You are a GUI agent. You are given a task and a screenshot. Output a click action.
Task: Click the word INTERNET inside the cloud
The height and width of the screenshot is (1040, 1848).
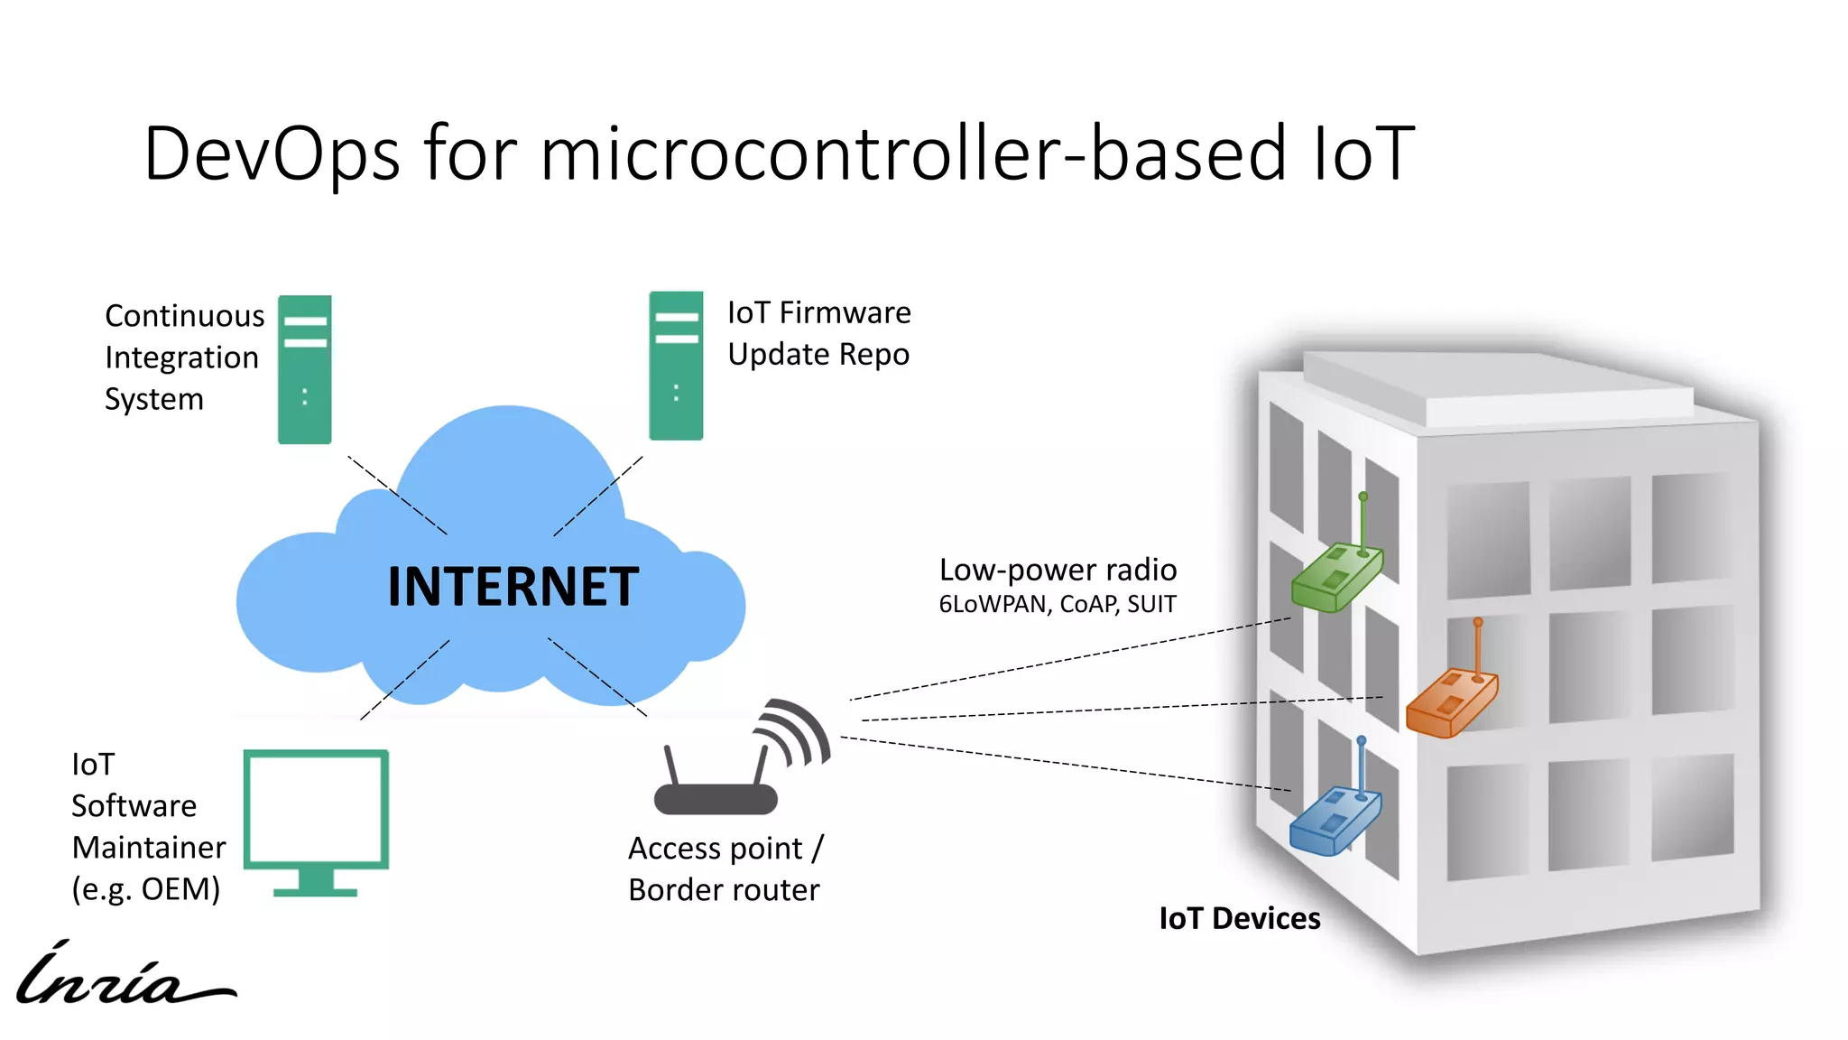click(x=513, y=587)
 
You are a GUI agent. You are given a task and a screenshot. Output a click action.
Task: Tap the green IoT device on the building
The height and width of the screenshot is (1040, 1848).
click(x=1335, y=578)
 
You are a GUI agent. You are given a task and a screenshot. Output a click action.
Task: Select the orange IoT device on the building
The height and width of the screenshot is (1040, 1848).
click(x=1450, y=702)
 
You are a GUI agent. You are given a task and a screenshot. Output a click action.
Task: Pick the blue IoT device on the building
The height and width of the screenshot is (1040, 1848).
click(x=1334, y=820)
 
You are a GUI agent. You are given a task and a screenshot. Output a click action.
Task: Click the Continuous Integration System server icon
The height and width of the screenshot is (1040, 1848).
click(x=304, y=369)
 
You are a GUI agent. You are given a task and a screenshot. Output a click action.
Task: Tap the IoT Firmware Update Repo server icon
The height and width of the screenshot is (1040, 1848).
click(x=676, y=366)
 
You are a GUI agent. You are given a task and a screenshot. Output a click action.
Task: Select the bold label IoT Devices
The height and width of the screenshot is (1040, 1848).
click(x=1239, y=918)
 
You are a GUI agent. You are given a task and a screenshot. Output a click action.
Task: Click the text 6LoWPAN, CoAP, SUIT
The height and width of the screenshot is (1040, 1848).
click(x=1058, y=604)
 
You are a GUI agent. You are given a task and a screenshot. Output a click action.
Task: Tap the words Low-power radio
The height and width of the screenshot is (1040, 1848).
click(x=1058, y=570)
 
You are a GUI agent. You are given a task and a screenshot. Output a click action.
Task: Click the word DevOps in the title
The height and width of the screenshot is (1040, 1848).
click(x=271, y=153)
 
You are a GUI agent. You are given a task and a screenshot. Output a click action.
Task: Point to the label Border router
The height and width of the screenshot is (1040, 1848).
click(x=724, y=890)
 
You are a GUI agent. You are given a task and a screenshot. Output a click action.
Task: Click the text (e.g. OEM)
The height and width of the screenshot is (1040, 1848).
click(x=146, y=889)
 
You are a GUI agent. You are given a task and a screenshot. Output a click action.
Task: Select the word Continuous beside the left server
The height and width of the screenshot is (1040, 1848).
click(x=184, y=316)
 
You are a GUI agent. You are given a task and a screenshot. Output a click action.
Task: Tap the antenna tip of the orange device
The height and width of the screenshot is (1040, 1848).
click(x=1478, y=622)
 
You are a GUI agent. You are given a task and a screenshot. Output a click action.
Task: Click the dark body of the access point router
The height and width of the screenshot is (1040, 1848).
click(x=715, y=800)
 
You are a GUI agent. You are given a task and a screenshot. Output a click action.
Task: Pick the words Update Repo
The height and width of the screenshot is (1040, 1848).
click(x=818, y=355)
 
